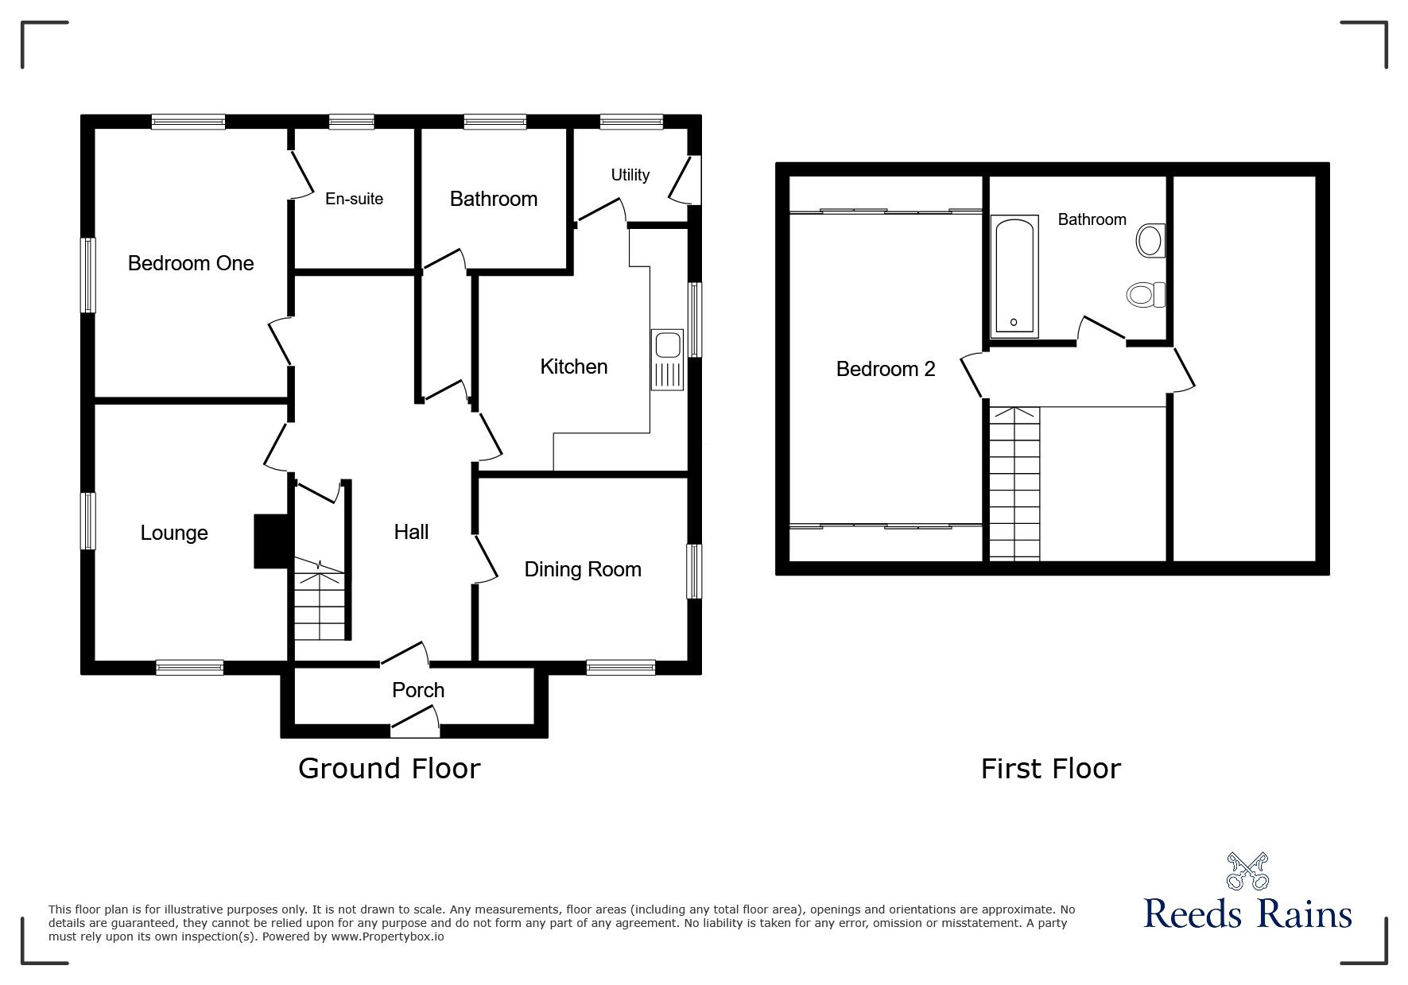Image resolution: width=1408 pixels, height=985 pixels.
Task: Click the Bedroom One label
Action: tap(191, 263)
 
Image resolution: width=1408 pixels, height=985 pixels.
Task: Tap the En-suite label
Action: tap(354, 199)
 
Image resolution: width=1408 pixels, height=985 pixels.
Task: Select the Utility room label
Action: tap(630, 175)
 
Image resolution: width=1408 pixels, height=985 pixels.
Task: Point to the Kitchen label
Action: tap(573, 366)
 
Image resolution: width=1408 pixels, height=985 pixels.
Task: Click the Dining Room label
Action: tap(582, 569)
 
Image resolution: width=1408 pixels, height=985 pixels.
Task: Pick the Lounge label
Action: tap(174, 533)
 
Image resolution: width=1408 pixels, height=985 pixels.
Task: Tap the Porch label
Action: tap(418, 690)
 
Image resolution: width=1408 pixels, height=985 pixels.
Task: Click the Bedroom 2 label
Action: tap(886, 369)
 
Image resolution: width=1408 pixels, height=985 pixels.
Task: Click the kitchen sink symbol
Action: tap(666, 360)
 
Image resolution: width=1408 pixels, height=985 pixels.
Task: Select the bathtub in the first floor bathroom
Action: tap(1014, 274)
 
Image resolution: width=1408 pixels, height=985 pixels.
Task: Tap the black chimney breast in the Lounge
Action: tap(270, 541)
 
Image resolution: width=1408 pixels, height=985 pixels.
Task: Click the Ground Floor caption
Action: tap(390, 769)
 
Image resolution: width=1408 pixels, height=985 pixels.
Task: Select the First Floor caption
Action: tap(1050, 769)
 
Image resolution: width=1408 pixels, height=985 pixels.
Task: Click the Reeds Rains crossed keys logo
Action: tap(1247, 871)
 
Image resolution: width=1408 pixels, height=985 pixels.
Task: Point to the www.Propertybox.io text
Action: tap(388, 937)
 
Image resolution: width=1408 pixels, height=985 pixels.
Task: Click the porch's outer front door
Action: tap(415, 724)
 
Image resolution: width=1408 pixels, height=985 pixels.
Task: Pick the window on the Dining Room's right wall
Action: tap(694, 571)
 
